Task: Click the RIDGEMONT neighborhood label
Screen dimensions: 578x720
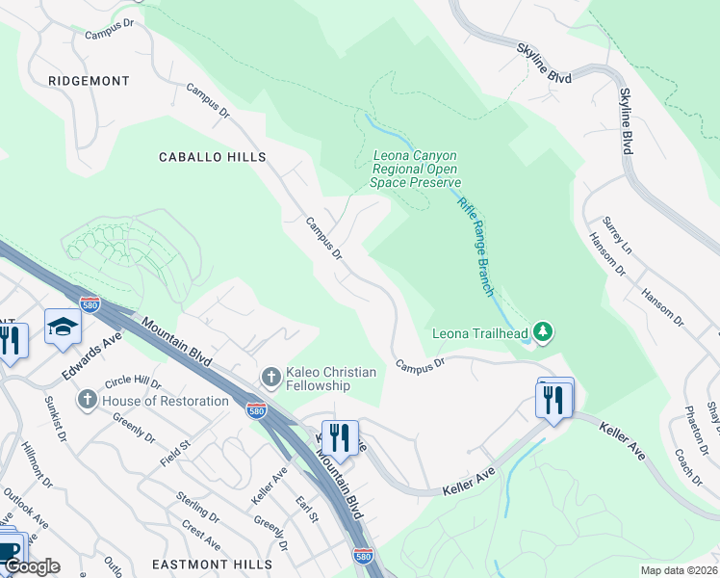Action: [x=89, y=81]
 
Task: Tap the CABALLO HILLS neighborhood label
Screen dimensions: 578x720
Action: [x=212, y=156]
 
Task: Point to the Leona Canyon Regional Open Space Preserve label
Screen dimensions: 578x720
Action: [x=416, y=169]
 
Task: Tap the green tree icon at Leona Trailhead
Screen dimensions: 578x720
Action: [x=544, y=333]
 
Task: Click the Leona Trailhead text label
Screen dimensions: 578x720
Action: [x=485, y=334]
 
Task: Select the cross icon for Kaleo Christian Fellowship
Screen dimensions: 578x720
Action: [x=271, y=376]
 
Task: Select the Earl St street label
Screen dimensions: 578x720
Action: [x=307, y=511]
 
